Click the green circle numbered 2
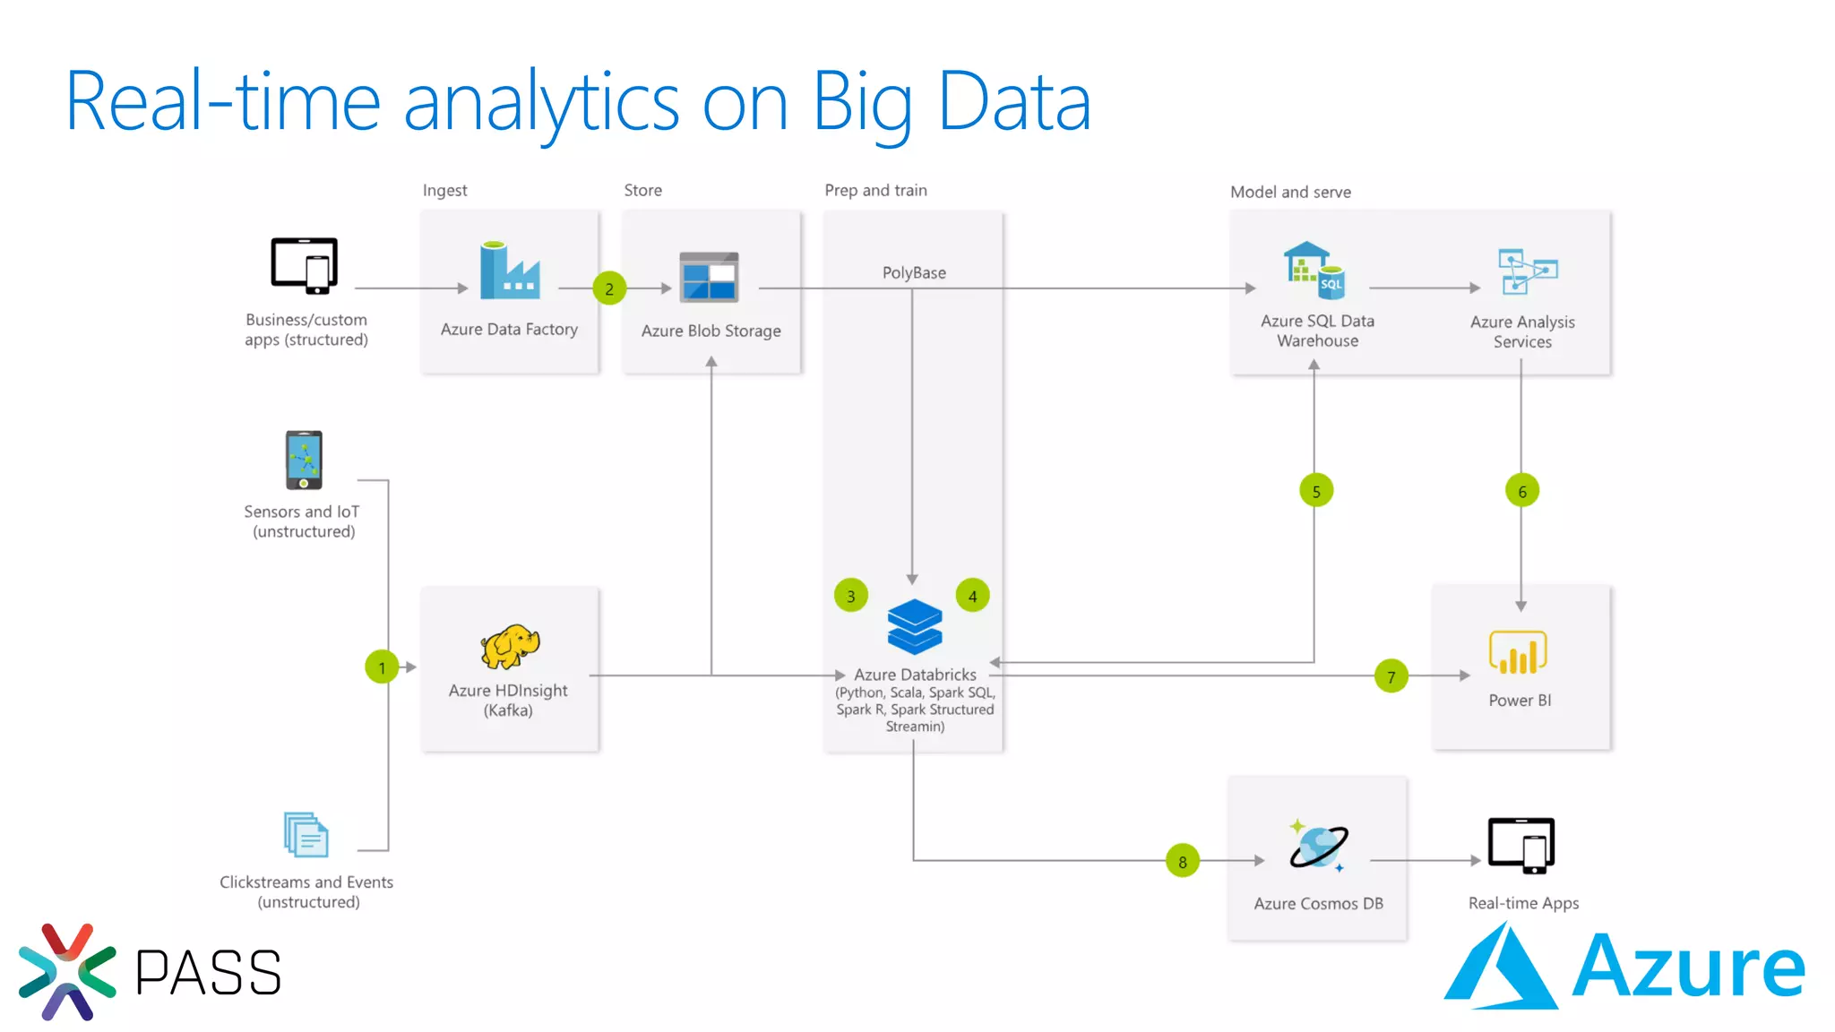coord(609,288)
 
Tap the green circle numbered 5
coord(1316,491)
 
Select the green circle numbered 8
coord(1183,861)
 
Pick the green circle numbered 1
coord(382,667)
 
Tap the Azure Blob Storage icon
coord(709,277)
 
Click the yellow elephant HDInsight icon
coord(510,647)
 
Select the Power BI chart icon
coord(1518,653)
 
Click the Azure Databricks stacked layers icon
coord(914,626)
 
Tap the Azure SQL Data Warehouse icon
coord(1314,271)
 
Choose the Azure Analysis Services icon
coord(1527,271)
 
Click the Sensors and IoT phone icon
coord(304,460)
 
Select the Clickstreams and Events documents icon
coord(306,835)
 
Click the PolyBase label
coord(914,272)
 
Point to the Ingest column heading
coord(444,190)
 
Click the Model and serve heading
coord(1290,192)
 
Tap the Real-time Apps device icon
coord(1521,845)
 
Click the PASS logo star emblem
coord(67,972)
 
